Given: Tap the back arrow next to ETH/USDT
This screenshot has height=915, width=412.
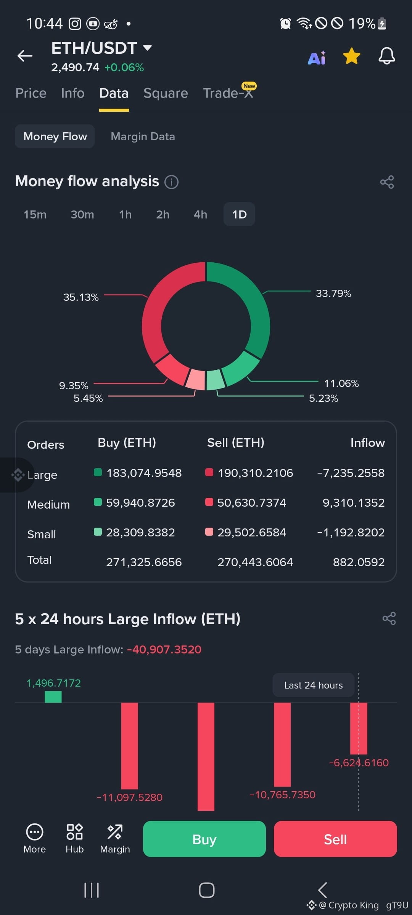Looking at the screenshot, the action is coord(25,56).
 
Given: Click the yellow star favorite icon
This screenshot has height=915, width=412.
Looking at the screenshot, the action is coord(351,56).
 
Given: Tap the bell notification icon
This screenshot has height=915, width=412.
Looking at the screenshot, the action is coord(386,56).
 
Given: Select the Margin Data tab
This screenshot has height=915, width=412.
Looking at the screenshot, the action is coord(143,136).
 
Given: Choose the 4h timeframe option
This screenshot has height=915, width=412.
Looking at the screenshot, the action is coord(201,214).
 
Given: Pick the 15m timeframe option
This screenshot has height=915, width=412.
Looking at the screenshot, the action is coord(35,214).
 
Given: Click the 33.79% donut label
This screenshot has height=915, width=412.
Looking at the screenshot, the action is coord(333,294).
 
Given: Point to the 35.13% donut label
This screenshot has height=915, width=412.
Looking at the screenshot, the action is coord(81,297).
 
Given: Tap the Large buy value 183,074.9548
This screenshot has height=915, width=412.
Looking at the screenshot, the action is coord(144,473).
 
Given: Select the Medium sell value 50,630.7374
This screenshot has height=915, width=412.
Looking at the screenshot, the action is coord(252,502).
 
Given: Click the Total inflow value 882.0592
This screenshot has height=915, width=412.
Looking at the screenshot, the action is coord(359,562).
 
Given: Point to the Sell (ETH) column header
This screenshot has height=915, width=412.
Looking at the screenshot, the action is coord(236,443).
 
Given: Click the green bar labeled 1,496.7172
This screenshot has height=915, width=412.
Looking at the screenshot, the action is coord(53,697).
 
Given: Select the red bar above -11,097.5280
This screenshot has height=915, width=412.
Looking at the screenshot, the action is coord(130,746).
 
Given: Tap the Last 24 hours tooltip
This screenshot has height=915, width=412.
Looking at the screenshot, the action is coord(314,685).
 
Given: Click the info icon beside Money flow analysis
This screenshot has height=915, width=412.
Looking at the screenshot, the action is coord(171,182).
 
